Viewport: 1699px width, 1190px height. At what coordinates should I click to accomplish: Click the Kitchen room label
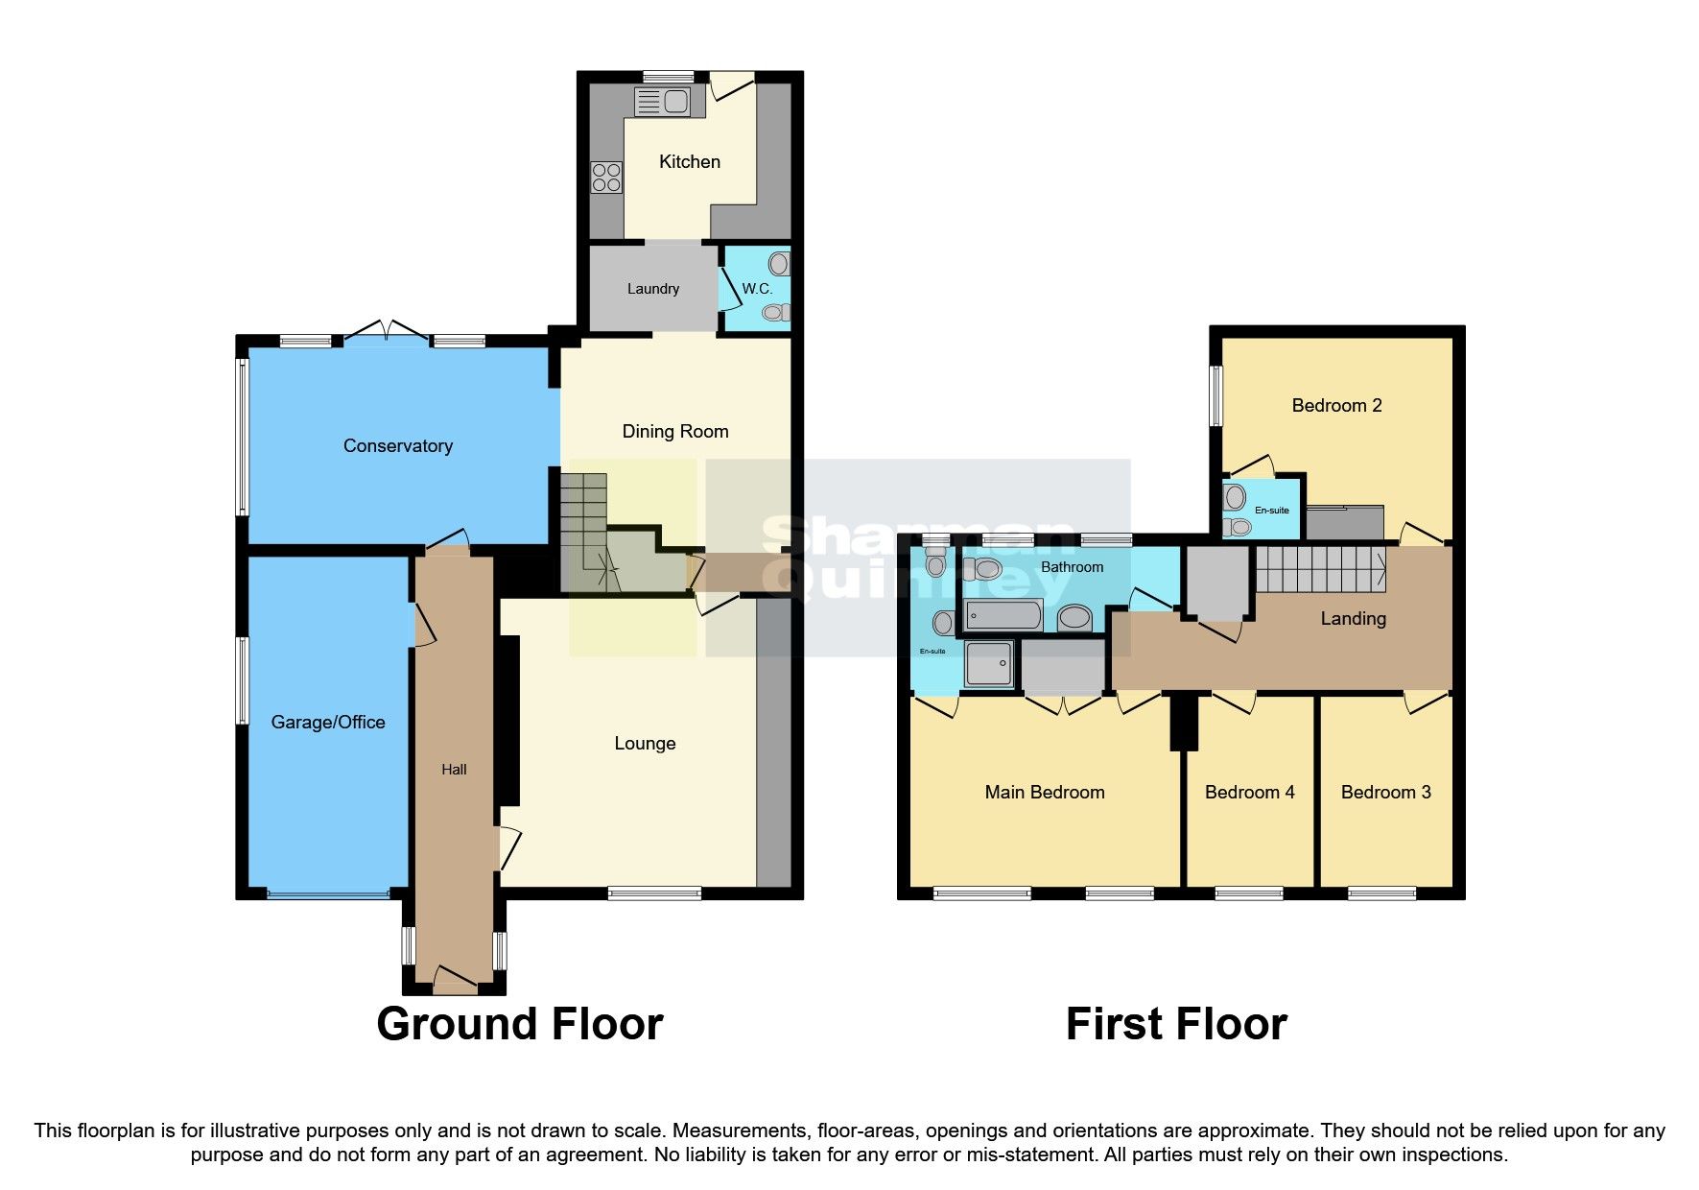click(x=689, y=162)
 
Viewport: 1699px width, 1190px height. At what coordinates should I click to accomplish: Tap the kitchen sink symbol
click(x=663, y=100)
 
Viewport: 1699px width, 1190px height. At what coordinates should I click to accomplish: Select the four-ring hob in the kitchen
click(x=606, y=178)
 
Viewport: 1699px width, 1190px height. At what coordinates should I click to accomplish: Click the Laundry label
click(x=652, y=289)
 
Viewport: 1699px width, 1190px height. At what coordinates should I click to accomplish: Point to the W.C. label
click(x=756, y=289)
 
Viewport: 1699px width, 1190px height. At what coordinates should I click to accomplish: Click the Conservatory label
click(x=397, y=446)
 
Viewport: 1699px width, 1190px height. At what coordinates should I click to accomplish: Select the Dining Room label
click(x=674, y=432)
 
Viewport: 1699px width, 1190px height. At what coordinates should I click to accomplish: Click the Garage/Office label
click(x=327, y=723)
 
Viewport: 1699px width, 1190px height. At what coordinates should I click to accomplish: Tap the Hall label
click(x=454, y=770)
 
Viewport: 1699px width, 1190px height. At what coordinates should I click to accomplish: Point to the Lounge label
click(x=645, y=744)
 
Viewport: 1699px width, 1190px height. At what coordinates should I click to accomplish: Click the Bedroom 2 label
click(x=1336, y=406)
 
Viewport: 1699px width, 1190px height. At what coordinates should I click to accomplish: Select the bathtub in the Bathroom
click(x=1003, y=615)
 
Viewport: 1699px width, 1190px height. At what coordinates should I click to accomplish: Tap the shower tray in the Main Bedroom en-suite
click(x=989, y=664)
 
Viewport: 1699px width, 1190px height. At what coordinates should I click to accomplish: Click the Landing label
click(x=1353, y=619)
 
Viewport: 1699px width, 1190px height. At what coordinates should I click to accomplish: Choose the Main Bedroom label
click(x=1044, y=793)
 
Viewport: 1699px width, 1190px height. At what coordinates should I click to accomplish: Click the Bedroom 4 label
click(x=1249, y=793)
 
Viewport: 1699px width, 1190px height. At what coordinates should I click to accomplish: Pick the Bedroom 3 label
click(x=1385, y=793)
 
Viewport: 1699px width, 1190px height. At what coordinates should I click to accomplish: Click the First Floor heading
click(x=1175, y=1024)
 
